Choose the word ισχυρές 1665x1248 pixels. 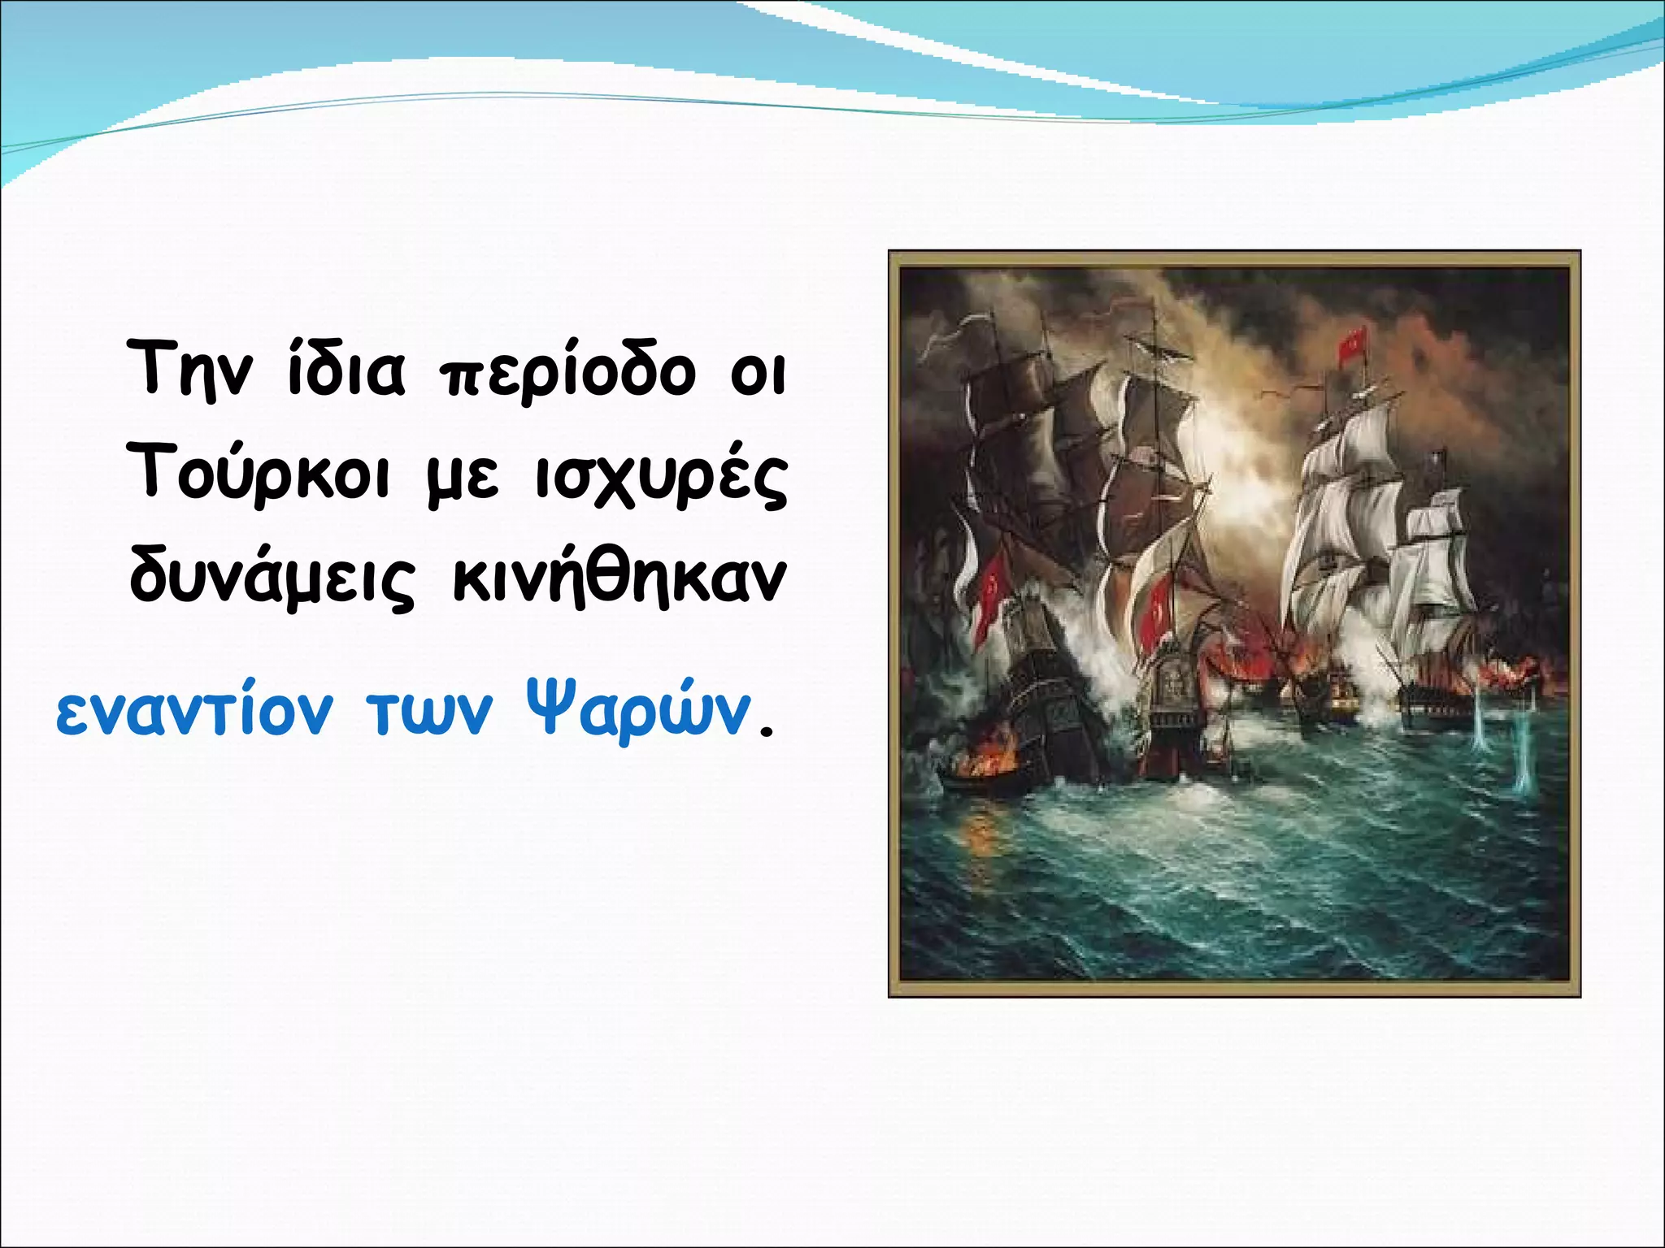pyautogui.click(x=660, y=479)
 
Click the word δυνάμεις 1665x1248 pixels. pyautogui.click(x=272, y=578)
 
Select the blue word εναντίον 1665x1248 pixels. pyautogui.click(x=194, y=712)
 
